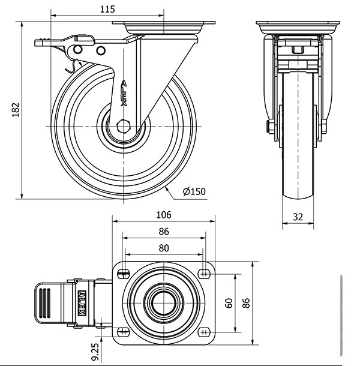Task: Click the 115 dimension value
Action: pyautogui.click(x=107, y=10)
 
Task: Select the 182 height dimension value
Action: pyautogui.click(x=16, y=109)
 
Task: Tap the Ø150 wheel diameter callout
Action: pyautogui.click(x=194, y=191)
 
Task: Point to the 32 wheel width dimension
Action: pyautogui.click(x=298, y=217)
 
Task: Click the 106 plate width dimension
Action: pyautogui.click(x=164, y=215)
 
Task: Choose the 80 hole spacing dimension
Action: pyautogui.click(x=164, y=248)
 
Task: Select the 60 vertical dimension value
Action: pyautogui.click(x=229, y=303)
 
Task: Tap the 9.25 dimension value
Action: pyautogui.click(x=95, y=352)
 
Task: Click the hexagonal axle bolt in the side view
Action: pyautogui.click(x=123, y=126)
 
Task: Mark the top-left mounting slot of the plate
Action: pyautogui.click(x=124, y=273)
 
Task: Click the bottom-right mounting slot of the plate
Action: pyautogui.click(x=204, y=332)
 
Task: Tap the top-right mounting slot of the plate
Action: pyautogui.click(x=204, y=273)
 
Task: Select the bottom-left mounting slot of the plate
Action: pyautogui.click(x=124, y=332)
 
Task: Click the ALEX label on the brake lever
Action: pyautogui.click(x=82, y=303)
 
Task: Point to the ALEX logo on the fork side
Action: pyautogui.click(x=124, y=94)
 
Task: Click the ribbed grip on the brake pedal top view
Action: pyautogui.click(x=44, y=303)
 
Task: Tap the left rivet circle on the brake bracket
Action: pyautogui.click(x=78, y=50)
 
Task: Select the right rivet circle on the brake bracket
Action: pyautogui.click(x=101, y=50)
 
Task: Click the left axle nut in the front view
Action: pyautogui.click(x=271, y=127)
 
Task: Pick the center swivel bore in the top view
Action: pyautogui.click(x=164, y=303)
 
